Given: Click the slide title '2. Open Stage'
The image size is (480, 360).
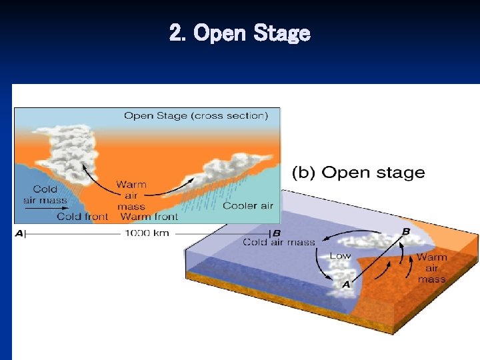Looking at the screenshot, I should click(x=240, y=33).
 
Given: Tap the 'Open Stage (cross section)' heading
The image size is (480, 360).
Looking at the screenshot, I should click(x=196, y=115).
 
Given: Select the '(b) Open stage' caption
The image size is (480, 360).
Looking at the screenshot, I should click(x=359, y=173).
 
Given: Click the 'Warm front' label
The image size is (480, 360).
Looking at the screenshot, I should click(x=149, y=216).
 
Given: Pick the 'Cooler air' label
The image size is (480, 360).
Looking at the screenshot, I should click(x=248, y=205).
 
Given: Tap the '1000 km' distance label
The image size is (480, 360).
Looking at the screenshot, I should click(x=145, y=233).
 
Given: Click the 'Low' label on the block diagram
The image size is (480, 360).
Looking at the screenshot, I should click(x=340, y=256).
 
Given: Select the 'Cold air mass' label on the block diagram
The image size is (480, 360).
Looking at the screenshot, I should click(x=279, y=242).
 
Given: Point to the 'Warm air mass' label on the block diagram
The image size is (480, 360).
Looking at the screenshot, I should click(x=431, y=267).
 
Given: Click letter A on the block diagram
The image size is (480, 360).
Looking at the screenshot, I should click(x=346, y=285).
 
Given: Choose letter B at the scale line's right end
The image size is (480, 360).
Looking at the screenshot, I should click(x=276, y=233).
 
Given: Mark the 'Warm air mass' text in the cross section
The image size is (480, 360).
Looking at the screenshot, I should click(x=131, y=195).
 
